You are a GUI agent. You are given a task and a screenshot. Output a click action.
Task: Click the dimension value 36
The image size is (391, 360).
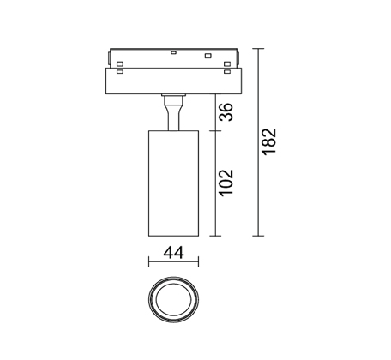coord(226,112)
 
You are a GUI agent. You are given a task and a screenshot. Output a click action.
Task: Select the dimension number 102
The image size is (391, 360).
coord(226,183)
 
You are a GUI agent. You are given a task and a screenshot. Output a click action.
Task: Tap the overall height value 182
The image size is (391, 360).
coord(269,142)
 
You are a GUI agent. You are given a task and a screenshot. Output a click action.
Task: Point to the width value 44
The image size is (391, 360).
coord(173,253)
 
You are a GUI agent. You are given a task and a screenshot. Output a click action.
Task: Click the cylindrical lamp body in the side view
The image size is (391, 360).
coord(173,183)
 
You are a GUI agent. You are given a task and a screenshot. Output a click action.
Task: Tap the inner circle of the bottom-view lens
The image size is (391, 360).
coord(173,299)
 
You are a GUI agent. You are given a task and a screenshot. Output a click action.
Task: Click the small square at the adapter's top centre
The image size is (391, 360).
coord(173,52)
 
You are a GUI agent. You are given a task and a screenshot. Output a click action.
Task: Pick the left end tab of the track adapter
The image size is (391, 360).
coord(109,58)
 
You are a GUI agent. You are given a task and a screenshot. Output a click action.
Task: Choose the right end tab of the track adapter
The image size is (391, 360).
coord(238,58)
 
